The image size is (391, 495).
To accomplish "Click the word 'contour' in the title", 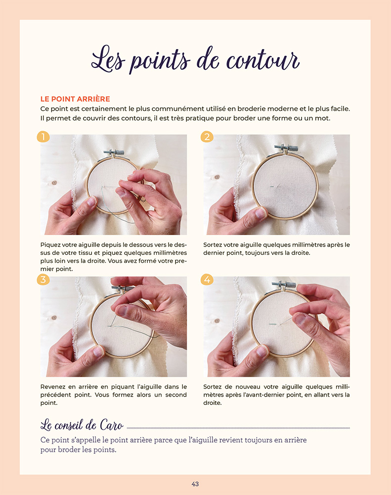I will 262,60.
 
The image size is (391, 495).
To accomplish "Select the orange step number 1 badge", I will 43,137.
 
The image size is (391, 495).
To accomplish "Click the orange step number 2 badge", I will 207,137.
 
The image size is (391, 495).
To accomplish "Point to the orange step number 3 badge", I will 43,280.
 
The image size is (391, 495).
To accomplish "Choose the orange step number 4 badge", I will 207,280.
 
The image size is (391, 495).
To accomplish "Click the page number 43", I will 195,484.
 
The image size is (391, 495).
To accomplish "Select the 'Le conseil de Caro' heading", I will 82,425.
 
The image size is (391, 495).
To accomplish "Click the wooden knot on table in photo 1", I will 54,183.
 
